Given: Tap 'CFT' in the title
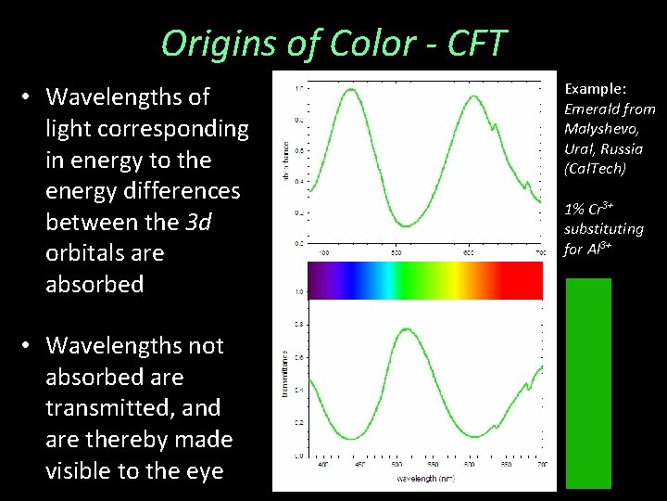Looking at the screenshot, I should tap(474, 44).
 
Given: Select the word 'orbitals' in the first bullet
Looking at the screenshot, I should tap(85, 253).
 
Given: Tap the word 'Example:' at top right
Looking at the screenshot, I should tap(596, 89).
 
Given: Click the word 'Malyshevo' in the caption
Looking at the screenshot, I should tap(601, 129).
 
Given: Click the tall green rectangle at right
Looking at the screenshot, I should tap(588, 382).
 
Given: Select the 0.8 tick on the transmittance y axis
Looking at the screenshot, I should tap(298, 325).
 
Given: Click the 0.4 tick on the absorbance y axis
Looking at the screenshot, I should tap(298, 182).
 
